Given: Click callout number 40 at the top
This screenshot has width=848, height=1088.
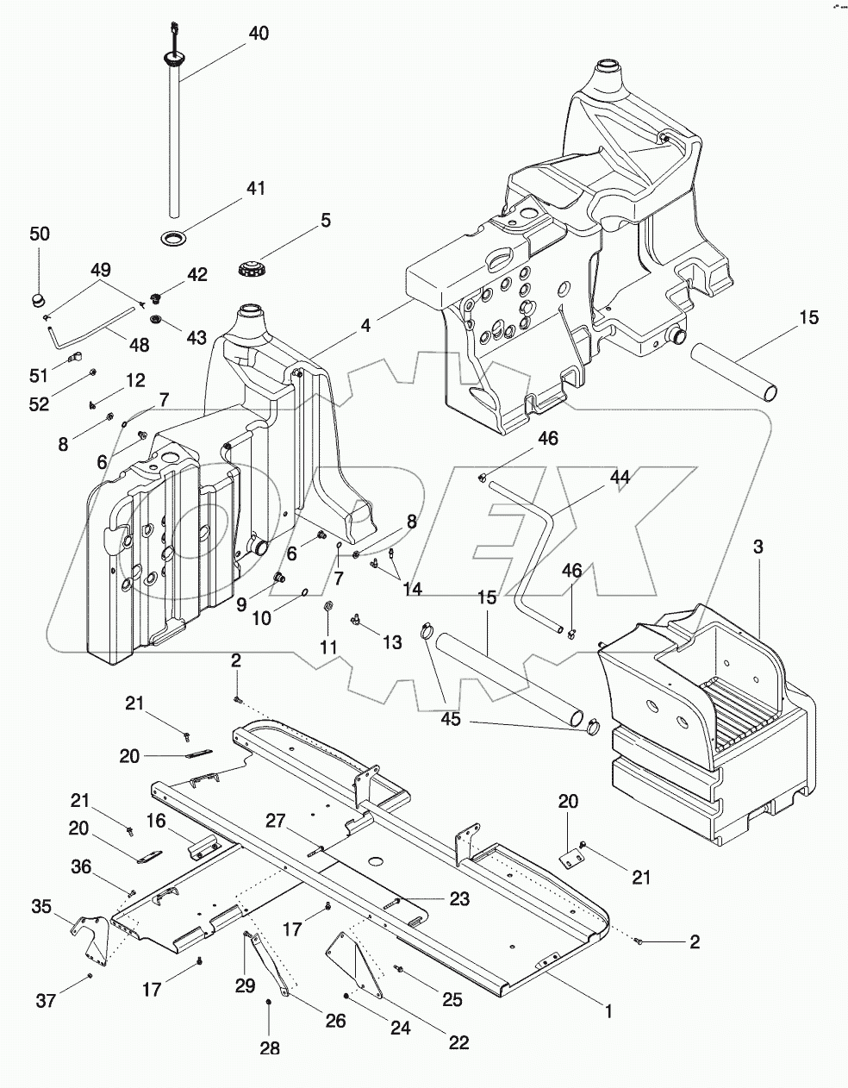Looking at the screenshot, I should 258,34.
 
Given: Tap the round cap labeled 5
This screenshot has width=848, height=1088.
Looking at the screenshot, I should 250,266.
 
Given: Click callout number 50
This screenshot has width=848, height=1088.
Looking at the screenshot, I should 40,234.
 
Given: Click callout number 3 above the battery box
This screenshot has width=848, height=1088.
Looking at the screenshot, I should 758,547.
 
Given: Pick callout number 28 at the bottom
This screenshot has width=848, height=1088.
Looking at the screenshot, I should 270,1048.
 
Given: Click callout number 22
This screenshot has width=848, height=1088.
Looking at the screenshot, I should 458,1042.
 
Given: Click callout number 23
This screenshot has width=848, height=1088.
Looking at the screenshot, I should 458,898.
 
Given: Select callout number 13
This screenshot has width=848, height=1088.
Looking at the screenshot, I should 392,641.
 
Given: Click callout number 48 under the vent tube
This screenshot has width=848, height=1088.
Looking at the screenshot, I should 138,345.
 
